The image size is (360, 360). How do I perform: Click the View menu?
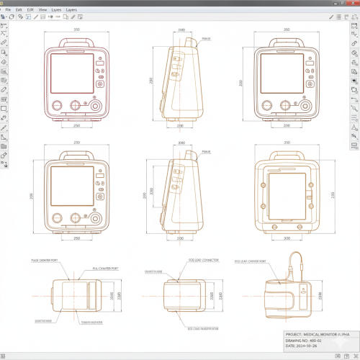coord(43,9)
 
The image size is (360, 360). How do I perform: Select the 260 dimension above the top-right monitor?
coord(287,30)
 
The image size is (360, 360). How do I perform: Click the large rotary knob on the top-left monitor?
coord(95,106)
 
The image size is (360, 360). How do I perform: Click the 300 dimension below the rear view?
coord(286,237)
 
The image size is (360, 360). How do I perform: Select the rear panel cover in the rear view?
coord(286,196)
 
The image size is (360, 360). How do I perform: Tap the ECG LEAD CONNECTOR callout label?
coord(204,259)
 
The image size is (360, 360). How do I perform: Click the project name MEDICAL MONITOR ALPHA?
coord(317,334)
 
